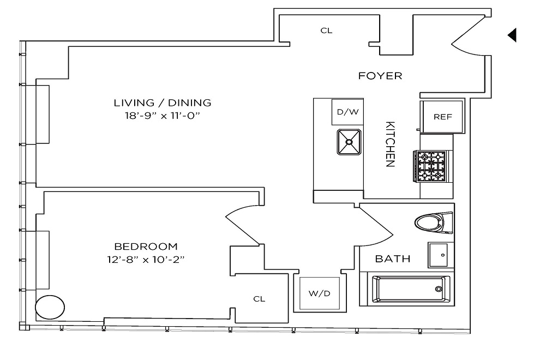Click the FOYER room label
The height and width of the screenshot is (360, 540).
tap(380, 76)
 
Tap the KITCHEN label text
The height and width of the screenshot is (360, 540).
tap(390, 144)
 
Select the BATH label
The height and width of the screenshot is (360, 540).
tap(392, 259)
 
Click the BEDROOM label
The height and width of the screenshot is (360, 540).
tap(146, 247)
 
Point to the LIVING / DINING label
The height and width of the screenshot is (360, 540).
tap(162, 103)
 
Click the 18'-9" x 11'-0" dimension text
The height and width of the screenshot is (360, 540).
tap(162, 116)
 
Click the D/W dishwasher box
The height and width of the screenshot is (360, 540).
tap(347, 112)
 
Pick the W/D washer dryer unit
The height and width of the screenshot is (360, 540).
tap(320, 294)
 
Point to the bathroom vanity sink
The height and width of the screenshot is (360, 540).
tap(440, 254)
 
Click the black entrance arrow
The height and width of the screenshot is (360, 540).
tap(512, 35)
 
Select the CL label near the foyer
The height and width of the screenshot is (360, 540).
tap(326, 31)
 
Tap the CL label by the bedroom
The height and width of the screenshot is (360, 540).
tap(259, 299)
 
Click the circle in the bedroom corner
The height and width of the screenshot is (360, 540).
tap(49, 307)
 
